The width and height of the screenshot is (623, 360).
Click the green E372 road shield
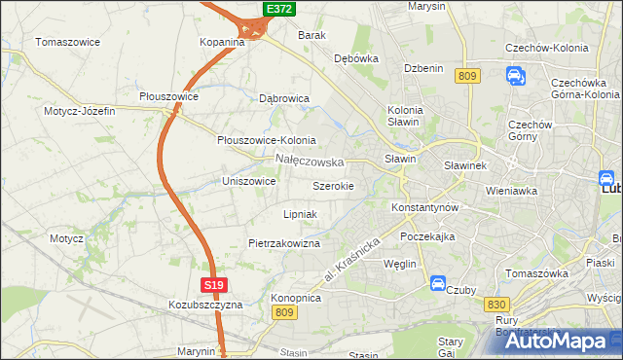pos(279,9)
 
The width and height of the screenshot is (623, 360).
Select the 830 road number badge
pos(494,305)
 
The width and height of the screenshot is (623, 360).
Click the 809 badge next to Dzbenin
pos(468,76)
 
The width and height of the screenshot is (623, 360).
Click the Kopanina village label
pos(222,43)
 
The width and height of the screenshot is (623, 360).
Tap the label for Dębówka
pos(355,58)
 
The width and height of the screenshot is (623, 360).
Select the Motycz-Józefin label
pos(79,111)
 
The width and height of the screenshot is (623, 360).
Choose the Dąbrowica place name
pos(284,98)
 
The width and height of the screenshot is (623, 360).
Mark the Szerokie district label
pos(340,185)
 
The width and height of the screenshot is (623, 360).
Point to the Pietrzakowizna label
pos(284,243)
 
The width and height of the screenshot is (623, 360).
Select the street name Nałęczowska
pos(310,161)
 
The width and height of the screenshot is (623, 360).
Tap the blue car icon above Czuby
pos(438,284)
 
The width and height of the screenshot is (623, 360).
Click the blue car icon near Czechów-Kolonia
pos(515,75)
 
